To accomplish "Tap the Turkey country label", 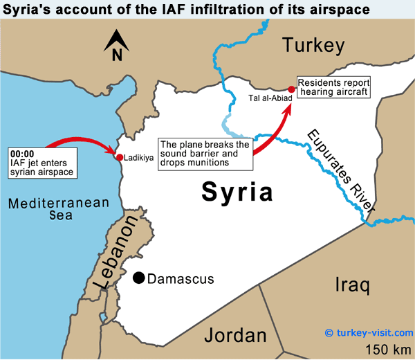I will point(313,46).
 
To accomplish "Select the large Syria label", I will point(237,192).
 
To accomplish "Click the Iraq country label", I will point(352,285).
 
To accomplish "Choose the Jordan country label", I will point(235,336).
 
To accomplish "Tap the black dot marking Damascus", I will point(139,278).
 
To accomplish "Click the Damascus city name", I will point(181,279).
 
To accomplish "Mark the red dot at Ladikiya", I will point(120,158).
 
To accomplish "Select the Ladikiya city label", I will point(139,158).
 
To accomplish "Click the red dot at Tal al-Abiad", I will point(291,89).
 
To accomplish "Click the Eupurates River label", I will point(342,170).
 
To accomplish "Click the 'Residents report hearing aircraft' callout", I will point(333,87).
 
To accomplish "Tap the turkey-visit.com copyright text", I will point(369,332).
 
